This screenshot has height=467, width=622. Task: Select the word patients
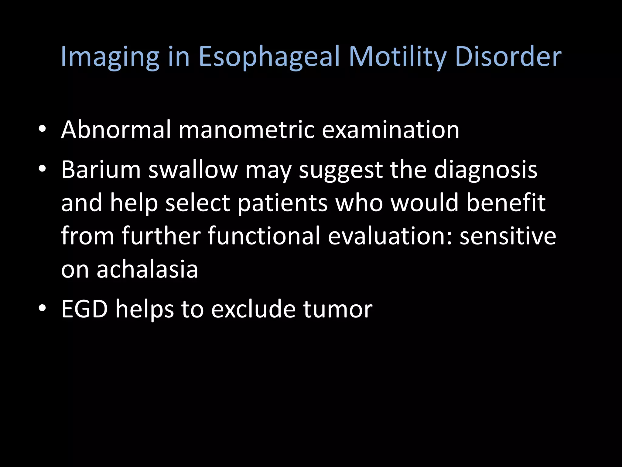tap(282, 203)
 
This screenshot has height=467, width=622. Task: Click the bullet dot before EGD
tap(42, 308)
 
